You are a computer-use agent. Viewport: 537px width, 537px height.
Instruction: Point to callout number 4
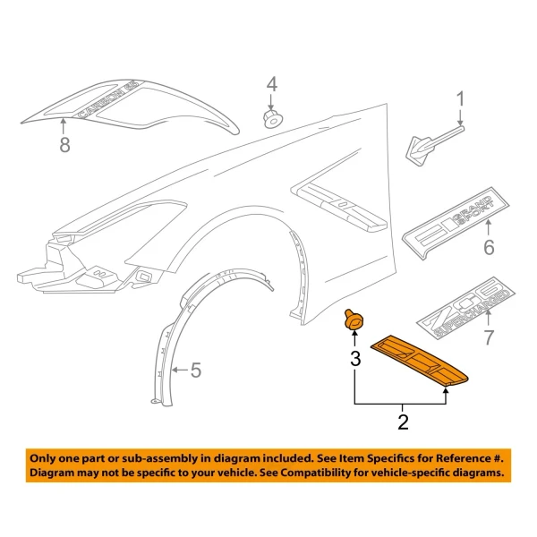click(271, 85)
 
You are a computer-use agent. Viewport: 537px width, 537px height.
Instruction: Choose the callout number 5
click(196, 369)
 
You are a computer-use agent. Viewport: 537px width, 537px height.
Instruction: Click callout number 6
click(489, 247)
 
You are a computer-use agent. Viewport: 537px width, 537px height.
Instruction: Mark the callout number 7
click(489, 337)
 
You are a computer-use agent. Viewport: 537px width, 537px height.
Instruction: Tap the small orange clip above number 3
click(351, 320)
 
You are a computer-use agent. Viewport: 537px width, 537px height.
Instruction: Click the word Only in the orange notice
click(47, 455)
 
